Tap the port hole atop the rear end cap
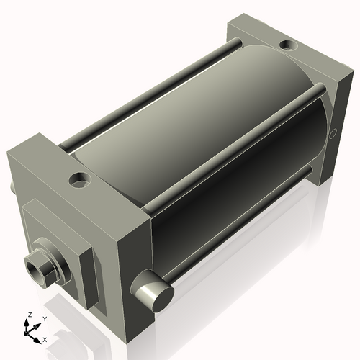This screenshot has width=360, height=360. (287, 46)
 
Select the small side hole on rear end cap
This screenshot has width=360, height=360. (332, 133)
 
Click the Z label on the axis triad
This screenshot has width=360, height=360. (30, 315)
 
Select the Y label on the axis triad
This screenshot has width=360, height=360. (44, 318)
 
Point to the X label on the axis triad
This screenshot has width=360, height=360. (45, 338)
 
